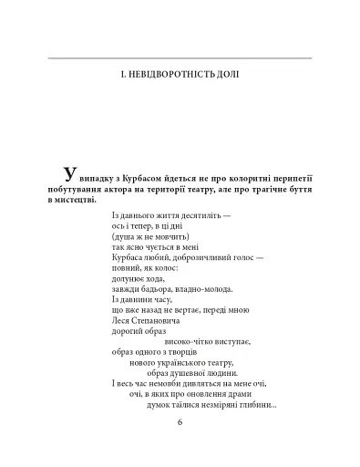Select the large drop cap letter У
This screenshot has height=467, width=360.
61,175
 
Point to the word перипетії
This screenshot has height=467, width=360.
285,181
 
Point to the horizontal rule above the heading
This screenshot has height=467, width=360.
180,57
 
